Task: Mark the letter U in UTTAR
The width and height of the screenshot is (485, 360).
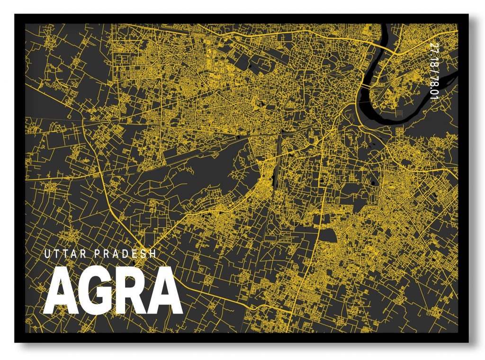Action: pyautogui.click(x=46, y=254)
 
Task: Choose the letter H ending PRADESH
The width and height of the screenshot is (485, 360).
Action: pyautogui.click(x=153, y=254)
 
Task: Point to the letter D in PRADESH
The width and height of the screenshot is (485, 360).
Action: pyautogui.click(x=125, y=254)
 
